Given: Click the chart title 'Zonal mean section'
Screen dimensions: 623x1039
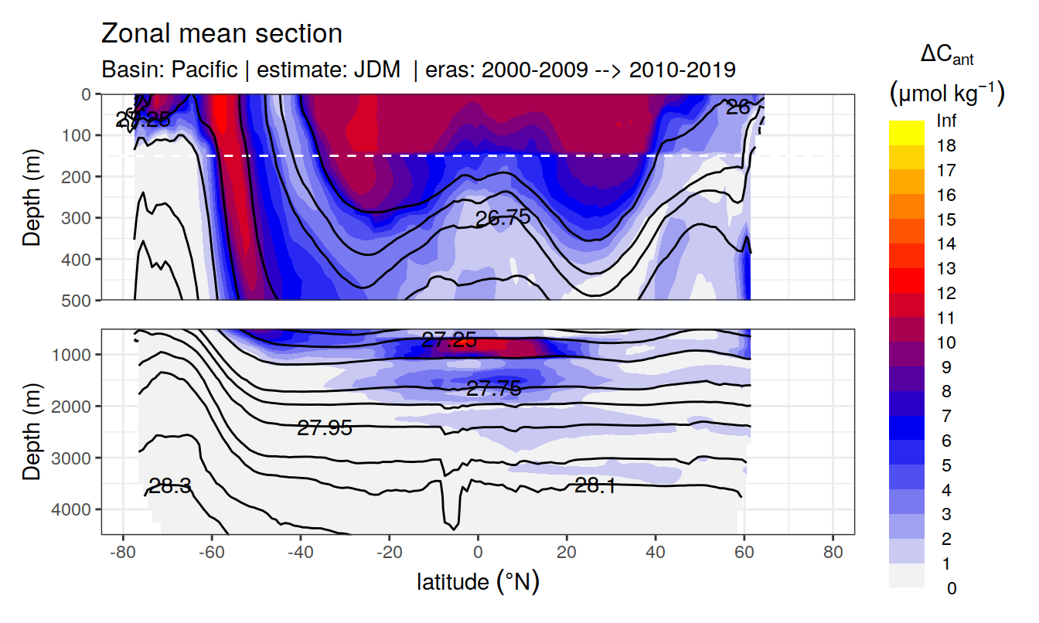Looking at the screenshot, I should click(222, 34).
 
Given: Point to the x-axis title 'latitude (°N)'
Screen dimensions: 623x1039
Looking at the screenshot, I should click(478, 580).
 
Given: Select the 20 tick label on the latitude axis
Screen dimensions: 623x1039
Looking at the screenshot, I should click(567, 553).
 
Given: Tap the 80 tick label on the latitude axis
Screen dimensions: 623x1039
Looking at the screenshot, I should click(833, 553).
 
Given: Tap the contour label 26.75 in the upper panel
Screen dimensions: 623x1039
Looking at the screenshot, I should click(502, 218).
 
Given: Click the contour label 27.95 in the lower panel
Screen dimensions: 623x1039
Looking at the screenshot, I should click(325, 427).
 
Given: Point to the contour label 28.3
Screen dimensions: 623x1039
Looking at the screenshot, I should click(170, 486).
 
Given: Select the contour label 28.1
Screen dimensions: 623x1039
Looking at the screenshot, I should click(595, 485).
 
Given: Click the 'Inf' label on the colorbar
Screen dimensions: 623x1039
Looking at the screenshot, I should click(946, 121).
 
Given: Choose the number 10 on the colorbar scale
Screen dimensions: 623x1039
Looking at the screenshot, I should click(946, 342).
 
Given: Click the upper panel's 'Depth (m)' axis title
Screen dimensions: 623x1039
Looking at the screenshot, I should click(32, 196).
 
